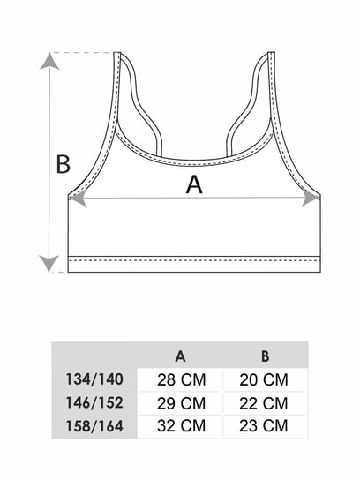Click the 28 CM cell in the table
point(181,380)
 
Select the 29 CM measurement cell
point(181,403)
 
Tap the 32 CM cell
point(181,426)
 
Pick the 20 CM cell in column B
point(264,380)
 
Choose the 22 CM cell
point(264,403)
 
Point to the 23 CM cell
point(264,426)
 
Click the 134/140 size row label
point(94,379)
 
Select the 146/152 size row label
point(94,402)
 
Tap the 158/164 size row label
point(94,426)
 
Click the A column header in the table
point(180,356)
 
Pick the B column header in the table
point(265,356)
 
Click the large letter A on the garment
point(194,184)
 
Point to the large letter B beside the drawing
point(64,164)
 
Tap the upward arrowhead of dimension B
point(49,61)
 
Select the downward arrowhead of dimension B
point(49,264)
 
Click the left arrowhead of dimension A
point(78,199)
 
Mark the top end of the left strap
point(117,53)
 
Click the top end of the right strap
point(271,53)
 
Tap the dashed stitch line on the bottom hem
point(194,261)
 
